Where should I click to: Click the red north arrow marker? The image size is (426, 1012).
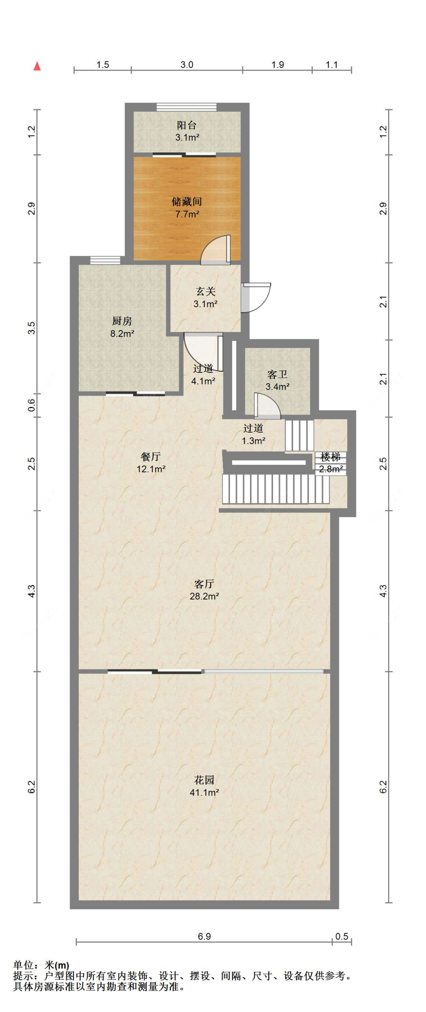tap(37, 66)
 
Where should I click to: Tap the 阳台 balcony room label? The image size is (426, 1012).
tap(187, 125)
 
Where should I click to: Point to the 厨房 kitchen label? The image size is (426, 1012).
tap(122, 321)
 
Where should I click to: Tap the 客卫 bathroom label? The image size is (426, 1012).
tap(277, 374)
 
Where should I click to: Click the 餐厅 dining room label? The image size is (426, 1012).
tap(151, 456)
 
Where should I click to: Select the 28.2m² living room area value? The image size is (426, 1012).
tap(204, 596)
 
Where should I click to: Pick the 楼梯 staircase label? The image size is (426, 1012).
tap(331, 457)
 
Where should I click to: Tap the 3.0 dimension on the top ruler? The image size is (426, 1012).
tap(187, 64)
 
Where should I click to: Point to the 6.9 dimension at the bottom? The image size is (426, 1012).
tap(204, 936)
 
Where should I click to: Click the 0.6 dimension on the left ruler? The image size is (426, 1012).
tap(32, 405)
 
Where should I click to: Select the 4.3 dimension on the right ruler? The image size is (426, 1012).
tap(383, 591)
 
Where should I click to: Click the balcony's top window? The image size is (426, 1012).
tap(186, 107)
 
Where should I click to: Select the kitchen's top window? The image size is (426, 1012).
tap(105, 260)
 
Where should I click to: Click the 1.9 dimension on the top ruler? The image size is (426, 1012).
tap(278, 64)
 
